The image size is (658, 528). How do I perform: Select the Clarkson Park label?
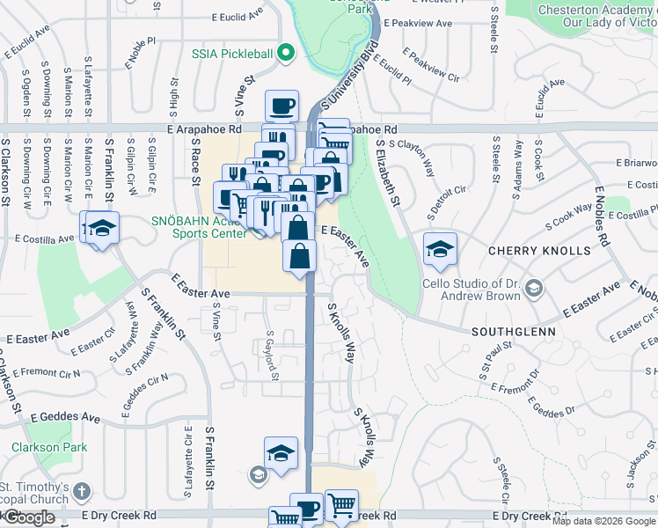49,447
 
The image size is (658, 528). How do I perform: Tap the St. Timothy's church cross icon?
82,491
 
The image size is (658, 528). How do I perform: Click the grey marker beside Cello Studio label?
539,290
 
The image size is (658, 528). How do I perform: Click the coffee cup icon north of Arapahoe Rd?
281,106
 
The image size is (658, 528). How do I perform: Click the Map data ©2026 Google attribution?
603,521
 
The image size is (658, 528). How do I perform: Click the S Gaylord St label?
274,357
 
